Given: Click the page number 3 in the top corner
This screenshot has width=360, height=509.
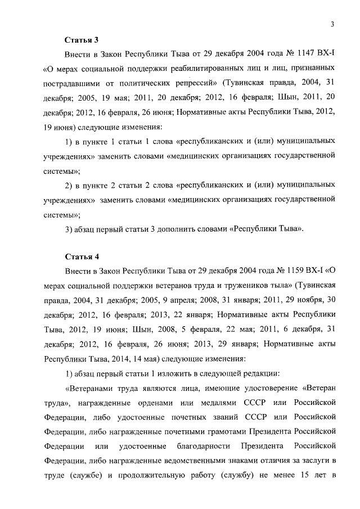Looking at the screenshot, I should click(332, 24).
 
